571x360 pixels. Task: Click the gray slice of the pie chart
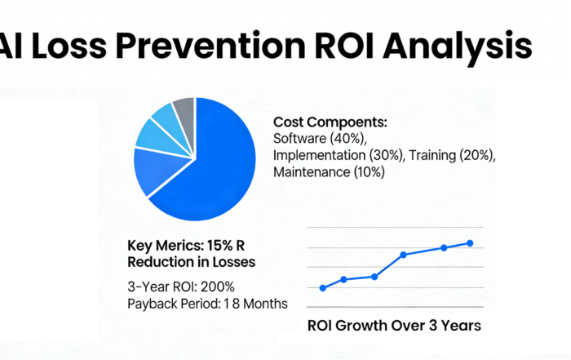coord(184,109)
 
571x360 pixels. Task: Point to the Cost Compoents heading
coord(330,122)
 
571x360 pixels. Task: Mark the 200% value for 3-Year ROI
coord(218,287)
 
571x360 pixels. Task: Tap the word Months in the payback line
coord(263,304)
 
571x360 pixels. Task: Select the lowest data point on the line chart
coord(323,287)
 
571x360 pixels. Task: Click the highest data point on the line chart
coord(470,243)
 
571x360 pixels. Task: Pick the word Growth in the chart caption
coord(367,325)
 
